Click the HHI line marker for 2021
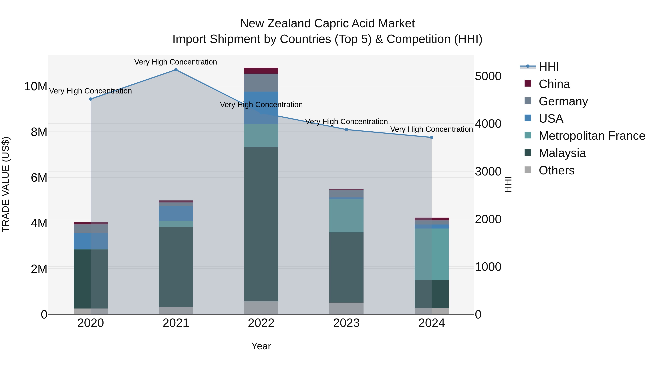pos(176,70)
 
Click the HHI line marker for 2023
pos(346,130)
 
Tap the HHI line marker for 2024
pos(432,138)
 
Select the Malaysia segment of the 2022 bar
pos(261,224)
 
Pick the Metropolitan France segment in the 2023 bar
pos(346,216)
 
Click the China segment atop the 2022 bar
pos(261,71)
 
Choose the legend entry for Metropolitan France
pos(592,136)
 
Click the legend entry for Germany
pos(563,101)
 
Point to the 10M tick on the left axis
pos(36,87)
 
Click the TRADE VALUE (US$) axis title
pos(6,184)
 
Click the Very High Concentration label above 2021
pos(176,62)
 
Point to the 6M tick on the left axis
pos(39,177)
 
